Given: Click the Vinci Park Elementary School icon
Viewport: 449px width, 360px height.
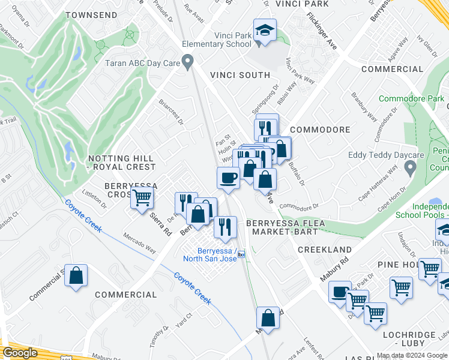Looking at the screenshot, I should tap(264, 30).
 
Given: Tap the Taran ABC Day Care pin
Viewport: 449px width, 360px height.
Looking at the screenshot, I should tap(188, 61).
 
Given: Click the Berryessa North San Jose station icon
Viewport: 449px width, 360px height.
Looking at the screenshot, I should tap(241, 254).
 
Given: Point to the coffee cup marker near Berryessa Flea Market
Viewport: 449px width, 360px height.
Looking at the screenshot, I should tap(228, 178).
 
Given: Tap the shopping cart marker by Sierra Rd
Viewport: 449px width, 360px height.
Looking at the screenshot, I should tap(143, 197).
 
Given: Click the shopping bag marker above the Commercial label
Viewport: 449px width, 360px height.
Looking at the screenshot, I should tap(76, 276).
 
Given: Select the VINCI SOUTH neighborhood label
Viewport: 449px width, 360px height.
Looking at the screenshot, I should tap(240, 75).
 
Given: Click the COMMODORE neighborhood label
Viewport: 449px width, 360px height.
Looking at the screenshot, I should tap(320, 130).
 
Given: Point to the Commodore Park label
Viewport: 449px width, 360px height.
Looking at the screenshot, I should tap(411, 98).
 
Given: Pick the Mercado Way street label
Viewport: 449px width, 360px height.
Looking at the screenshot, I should tap(139, 244).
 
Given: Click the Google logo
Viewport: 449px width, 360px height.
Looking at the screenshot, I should tap(20, 353).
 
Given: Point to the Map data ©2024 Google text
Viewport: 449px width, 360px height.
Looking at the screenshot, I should tap(411, 355).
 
